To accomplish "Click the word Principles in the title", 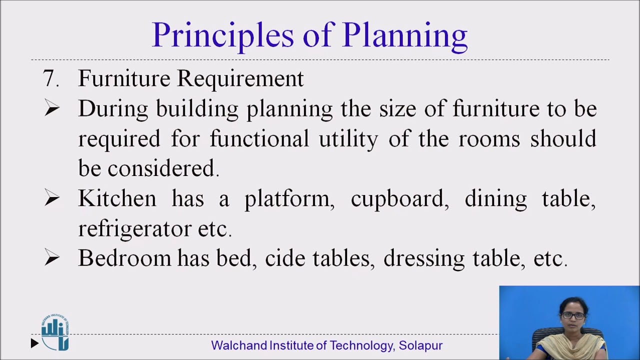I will click(x=222, y=35).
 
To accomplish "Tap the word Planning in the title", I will click(x=404, y=35).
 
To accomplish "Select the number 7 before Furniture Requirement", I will click(x=48, y=78).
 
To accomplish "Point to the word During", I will click(x=112, y=109).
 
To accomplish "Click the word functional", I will click(x=259, y=138).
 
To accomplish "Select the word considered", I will click(x=161, y=168).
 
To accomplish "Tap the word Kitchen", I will click(x=117, y=198).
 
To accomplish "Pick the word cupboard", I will click(x=397, y=199).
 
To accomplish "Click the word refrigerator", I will click(x=134, y=228).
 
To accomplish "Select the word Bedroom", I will click(x=124, y=258).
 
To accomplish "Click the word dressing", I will click(x=424, y=259).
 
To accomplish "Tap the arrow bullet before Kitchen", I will click(x=52, y=198).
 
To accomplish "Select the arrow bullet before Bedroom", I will click(x=52, y=258).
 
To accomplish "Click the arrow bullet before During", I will click(x=52, y=108).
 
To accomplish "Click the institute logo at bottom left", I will click(x=55, y=332).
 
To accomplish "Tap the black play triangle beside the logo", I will click(x=34, y=343).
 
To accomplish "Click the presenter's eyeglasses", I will click(x=572, y=315).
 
